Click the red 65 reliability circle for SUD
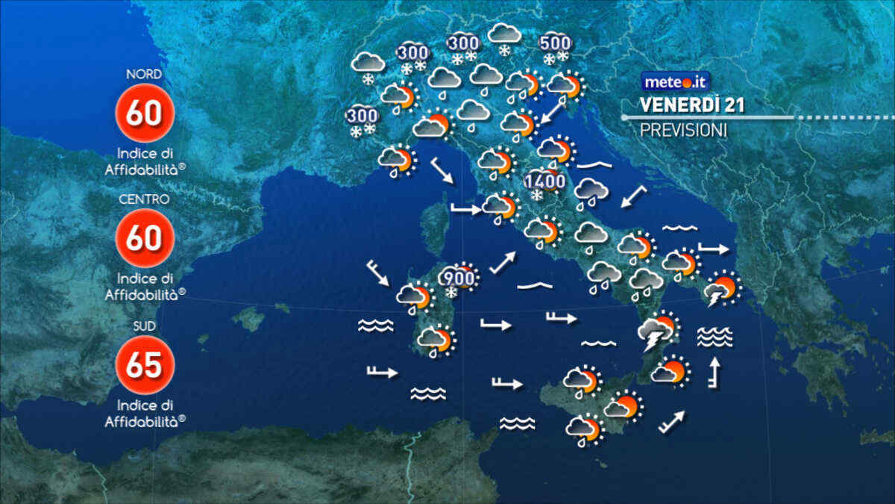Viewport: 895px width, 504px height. click(145, 365)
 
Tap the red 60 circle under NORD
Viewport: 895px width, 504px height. click(145, 113)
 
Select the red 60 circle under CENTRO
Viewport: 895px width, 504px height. click(145, 238)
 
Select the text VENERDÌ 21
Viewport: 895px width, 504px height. click(692, 105)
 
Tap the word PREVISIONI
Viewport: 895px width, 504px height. click(683, 129)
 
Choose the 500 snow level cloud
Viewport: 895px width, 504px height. click(556, 46)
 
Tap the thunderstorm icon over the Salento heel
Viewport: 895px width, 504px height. click(721, 290)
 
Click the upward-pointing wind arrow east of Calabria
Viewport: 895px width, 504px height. click(715, 373)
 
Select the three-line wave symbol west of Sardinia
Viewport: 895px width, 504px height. click(375, 325)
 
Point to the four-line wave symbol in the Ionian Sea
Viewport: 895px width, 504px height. click(715, 337)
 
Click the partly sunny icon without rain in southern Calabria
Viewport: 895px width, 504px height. click(668, 371)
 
